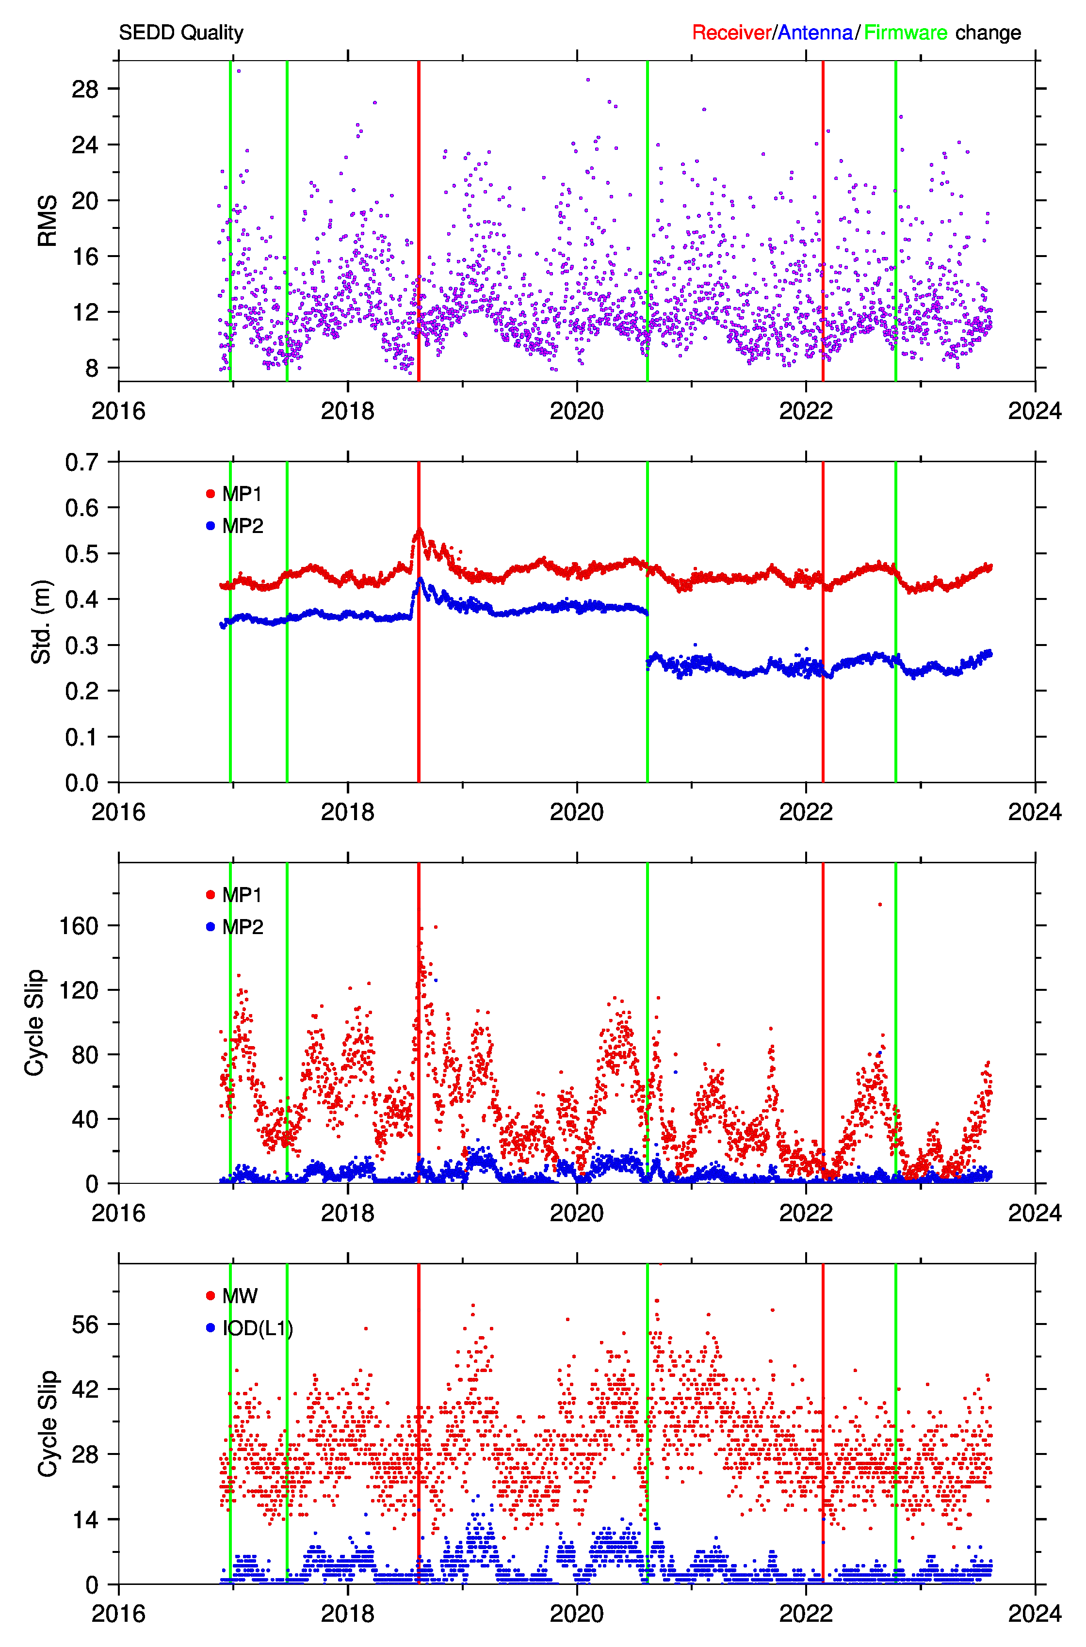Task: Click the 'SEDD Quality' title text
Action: coord(181,32)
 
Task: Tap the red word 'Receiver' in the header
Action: coord(731,32)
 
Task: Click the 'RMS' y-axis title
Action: coord(47,221)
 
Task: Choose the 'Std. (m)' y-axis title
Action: coord(42,622)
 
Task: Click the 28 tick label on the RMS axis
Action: coord(85,89)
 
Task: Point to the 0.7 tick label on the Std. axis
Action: coord(81,462)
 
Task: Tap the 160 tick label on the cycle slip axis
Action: coord(79,926)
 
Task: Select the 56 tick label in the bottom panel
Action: coord(85,1325)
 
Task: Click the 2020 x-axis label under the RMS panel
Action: coord(576,411)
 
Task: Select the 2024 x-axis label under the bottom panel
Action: coord(1035,1614)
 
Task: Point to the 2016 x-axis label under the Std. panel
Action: coord(118,812)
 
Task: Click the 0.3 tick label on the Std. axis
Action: coord(81,645)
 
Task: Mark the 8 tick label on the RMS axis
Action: coord(92,368)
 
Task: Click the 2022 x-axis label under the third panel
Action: coord(806,1213)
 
